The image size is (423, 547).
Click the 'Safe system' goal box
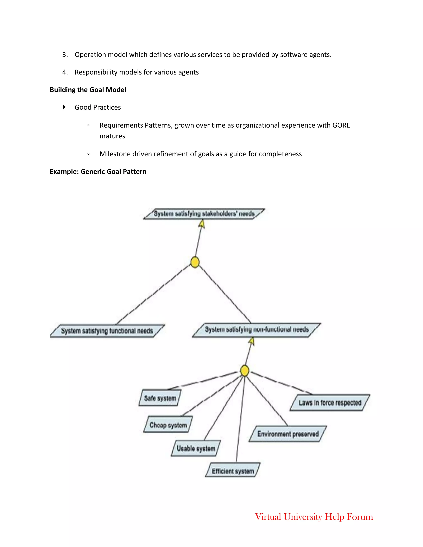pos(160,398)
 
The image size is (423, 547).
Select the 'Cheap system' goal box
pos(168,425)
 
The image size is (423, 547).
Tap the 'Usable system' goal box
pos(196,448)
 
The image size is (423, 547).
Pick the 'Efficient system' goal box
pos(233,471)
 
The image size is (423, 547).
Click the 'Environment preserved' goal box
pos(288,434)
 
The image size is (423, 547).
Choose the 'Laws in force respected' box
pos(330,403)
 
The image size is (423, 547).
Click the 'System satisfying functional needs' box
pos(107,331)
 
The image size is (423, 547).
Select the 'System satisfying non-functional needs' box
pos(257,330)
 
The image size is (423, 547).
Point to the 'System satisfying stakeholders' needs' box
pos(204,214)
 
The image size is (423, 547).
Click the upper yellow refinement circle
pos(195,262)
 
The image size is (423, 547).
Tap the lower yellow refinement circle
pos(245,371)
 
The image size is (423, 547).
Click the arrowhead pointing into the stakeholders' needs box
pos(202,224)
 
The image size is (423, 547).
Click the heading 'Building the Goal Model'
pos(88,90)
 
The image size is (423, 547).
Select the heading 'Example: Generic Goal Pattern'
pos(98,172)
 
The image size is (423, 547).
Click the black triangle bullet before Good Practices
pos(64,107)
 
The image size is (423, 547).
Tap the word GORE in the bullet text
pos(341,125)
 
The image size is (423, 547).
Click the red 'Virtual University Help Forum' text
pos(314,517)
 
